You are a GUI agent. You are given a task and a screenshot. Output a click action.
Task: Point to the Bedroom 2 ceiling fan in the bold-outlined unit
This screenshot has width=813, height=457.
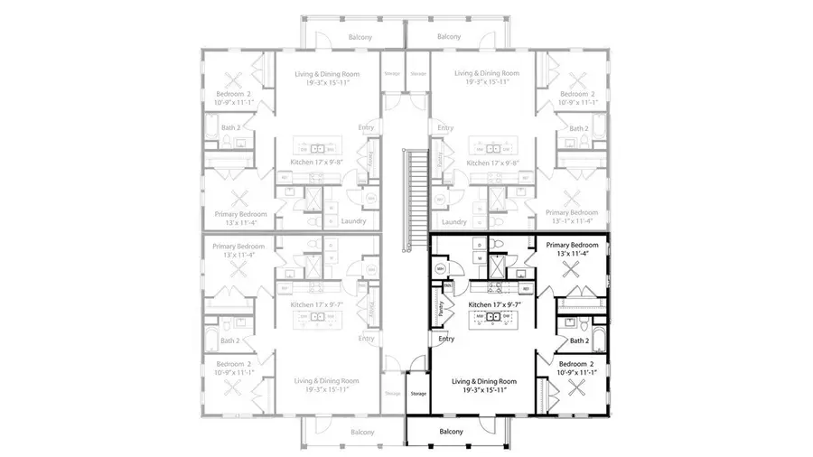pyautogui.click(x=577, y=389)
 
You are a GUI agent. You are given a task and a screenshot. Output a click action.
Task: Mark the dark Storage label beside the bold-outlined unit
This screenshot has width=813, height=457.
pyautogui.click(x=417, y=394)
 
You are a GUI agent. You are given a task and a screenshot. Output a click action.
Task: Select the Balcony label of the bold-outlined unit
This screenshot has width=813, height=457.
pyautogui.click(x=452, y=432)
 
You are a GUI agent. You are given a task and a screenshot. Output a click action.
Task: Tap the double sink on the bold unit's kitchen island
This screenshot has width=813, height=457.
pyautogui.click(x=493, y=316)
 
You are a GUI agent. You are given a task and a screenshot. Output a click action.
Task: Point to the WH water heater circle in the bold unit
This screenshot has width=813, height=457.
pyautogui.click(x=441, y=269)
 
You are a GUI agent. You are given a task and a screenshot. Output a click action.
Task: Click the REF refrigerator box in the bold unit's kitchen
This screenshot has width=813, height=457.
pyautogui.click(x=525, y=289)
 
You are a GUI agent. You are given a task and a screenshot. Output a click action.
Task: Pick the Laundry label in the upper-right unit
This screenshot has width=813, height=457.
pyautogui.click(x=454, y=221)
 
